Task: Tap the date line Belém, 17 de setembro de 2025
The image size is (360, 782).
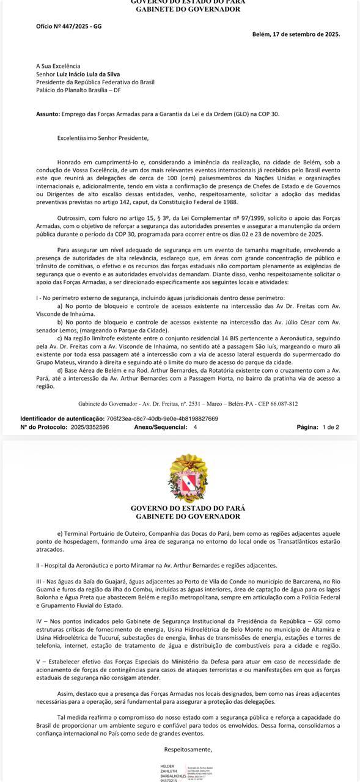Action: [296, 34]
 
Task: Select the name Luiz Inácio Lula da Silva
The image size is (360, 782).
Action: [88, 74]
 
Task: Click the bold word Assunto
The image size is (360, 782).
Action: [48, 114]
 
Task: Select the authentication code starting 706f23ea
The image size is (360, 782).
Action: [162, 418]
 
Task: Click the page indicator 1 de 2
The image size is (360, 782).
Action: [331, 427]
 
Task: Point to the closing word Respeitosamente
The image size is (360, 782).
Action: [188, 749]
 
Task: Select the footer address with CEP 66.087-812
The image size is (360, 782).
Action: [188, 404]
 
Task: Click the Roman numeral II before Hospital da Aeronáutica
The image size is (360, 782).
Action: [39, 565]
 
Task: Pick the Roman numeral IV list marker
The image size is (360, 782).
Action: [40, 621]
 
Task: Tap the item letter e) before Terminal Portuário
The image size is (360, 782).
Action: [60, 533]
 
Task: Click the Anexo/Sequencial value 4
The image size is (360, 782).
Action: [195, 427]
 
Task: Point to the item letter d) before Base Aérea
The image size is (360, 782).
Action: [60, 370]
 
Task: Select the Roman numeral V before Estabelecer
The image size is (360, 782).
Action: [39, 661]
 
